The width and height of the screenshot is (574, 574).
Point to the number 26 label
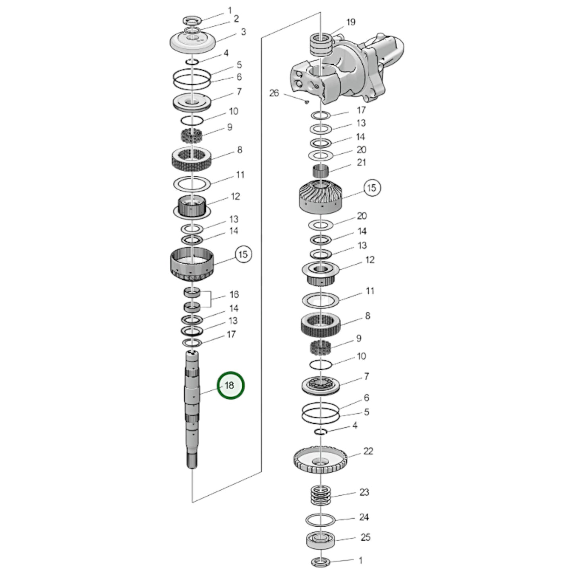click(274, 93)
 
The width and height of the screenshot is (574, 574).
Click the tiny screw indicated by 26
click(307, 102)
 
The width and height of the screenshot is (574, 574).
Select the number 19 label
click(351, 22)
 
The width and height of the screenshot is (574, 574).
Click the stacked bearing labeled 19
click(321, 44)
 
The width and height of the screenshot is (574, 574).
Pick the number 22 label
click(368, 451)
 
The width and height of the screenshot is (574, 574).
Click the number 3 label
click(244, 32)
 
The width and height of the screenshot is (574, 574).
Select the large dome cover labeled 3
click(192, 43)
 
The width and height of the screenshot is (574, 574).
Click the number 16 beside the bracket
click(234, 294)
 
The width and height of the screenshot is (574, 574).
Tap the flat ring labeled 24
click(321, 520)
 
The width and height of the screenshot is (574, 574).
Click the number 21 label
click(361, 162)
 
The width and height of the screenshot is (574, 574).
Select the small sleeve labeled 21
click(321, 171)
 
